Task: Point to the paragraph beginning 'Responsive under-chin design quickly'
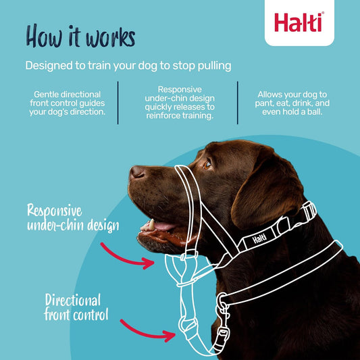(x=178, y=103)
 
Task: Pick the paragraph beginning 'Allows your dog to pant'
(x=294, y=103)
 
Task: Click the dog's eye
(x=209, y=162)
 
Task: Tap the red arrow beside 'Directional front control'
(x=151, y=332)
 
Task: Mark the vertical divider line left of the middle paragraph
(x=118, y=103)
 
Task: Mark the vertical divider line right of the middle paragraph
(x=238, y=103)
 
